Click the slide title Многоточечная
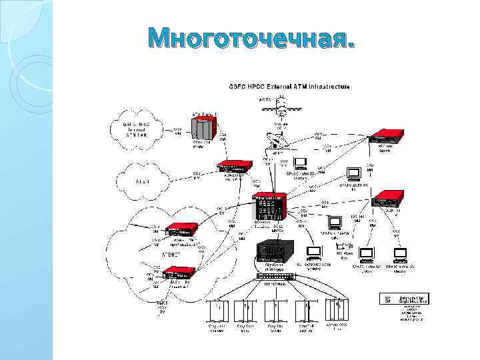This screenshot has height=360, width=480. click(252, 39)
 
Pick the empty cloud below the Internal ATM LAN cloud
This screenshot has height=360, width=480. click(143, 181)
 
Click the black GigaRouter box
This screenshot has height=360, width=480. click(271, 250)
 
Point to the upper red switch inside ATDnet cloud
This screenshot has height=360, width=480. click(181, 229)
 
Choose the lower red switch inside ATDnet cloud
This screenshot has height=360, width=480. click(178, 273)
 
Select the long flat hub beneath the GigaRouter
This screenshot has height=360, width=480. click(276, 276)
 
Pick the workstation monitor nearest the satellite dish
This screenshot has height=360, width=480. click(300, 163)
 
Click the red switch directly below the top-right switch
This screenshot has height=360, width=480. click(388, 199)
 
